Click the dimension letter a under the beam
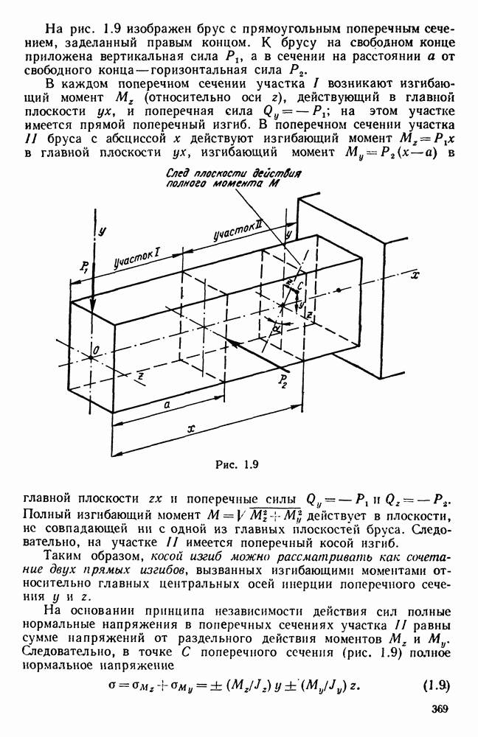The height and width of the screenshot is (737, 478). pyautogui.click(x=167, y=405)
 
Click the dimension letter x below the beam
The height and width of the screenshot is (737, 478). pyautogui.click(x=190, y=429)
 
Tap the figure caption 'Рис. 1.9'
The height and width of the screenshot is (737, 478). pyautogui.click(x=237, y=465)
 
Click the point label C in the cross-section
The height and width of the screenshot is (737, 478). pyautogui.click(x=299, y=284)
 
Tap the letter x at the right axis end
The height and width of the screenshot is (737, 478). pyautogui.click(x=415, y=276)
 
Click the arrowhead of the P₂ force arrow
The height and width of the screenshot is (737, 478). pyautogui.click(x=232, y=344)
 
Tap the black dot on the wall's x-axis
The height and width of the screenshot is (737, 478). pyautogui.click(x=339, y=290)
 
